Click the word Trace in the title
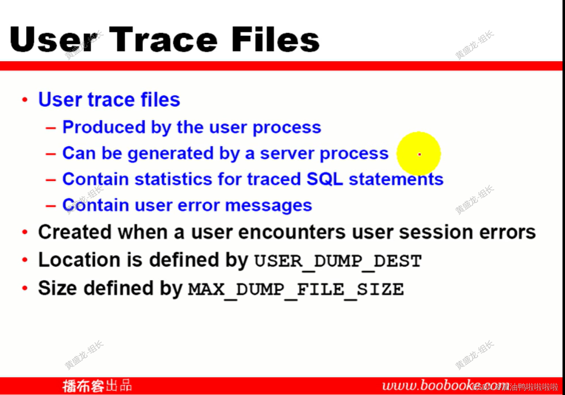[163, 40]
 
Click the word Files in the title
[275, 40]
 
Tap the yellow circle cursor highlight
[419, 154]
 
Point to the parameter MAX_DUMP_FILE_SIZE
[296, 289]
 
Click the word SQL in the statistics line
[325, 179]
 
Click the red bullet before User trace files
[25, 100]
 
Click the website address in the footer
[427, 385]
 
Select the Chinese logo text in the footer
[97, 386]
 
